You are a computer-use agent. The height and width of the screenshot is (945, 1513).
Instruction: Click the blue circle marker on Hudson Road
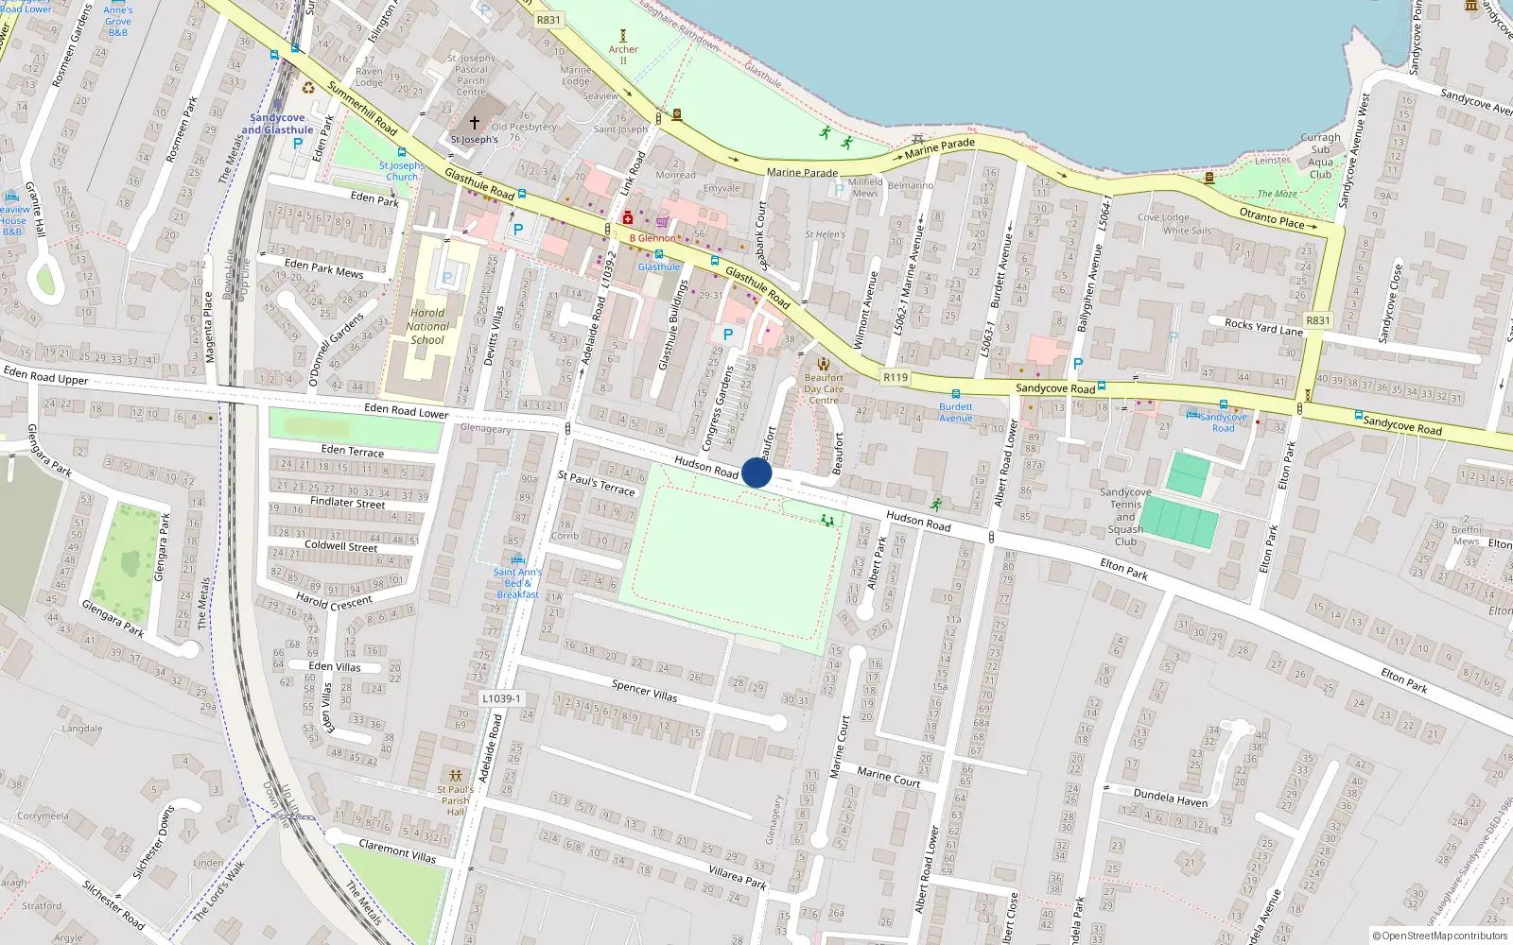point(756,472)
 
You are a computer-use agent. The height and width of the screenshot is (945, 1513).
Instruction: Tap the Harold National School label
point(427,327)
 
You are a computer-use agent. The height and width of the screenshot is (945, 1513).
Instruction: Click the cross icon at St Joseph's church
point(475,123)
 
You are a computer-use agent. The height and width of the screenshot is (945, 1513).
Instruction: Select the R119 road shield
point(895,377)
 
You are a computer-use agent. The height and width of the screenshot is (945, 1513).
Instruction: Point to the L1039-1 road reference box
point(501,698)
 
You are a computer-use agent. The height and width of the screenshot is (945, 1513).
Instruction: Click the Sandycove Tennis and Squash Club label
point(1125,517)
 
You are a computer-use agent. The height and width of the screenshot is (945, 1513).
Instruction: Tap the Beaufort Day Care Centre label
point(824,388)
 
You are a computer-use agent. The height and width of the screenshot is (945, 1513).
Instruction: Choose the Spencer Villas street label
point(644,691)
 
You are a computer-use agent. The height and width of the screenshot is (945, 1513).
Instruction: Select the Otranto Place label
point(1272,218)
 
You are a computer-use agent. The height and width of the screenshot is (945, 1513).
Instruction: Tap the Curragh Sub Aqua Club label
point(1320,156)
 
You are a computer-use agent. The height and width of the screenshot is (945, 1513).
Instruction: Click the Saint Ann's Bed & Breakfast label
point(517,583)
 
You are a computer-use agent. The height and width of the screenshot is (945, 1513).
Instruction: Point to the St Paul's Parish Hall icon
point(456,776)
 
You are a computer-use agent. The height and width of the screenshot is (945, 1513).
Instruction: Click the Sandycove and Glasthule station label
point(277,124)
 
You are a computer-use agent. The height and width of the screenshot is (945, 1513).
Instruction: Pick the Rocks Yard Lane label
point(1263,327)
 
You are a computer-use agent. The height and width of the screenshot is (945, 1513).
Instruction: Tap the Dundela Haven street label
point(1171,798)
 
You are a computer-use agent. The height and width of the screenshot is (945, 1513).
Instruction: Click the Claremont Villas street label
point(397,850)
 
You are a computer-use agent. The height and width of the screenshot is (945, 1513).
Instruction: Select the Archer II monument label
point(623,55)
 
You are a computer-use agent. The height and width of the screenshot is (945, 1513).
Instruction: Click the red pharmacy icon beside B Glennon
point(627,218)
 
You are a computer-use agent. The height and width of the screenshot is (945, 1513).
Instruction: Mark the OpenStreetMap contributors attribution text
point(1440,936)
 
